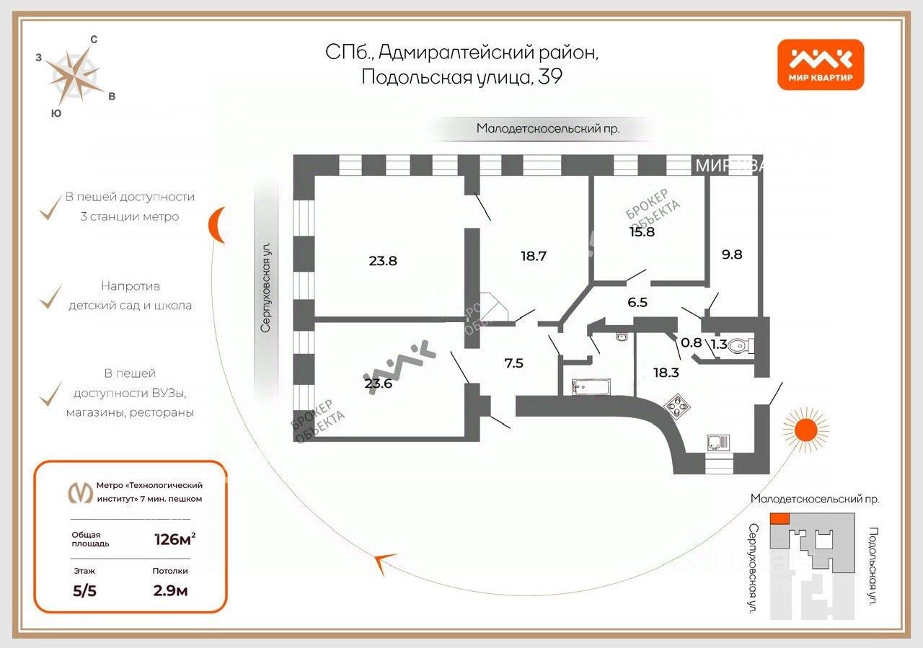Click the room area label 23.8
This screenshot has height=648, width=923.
383,261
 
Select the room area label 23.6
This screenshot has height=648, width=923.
379,383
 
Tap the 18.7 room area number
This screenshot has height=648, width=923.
533,255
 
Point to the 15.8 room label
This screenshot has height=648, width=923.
642,232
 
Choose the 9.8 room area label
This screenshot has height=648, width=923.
732,254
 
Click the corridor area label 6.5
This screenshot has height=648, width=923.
637,303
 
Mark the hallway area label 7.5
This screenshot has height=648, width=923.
513,363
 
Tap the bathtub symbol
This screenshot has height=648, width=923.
591,387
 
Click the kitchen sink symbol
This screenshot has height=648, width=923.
717,441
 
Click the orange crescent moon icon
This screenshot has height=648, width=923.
217,226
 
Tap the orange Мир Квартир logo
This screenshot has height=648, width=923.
821,64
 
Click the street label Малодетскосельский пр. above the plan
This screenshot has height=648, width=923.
547,129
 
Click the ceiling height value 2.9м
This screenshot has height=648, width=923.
171,591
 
